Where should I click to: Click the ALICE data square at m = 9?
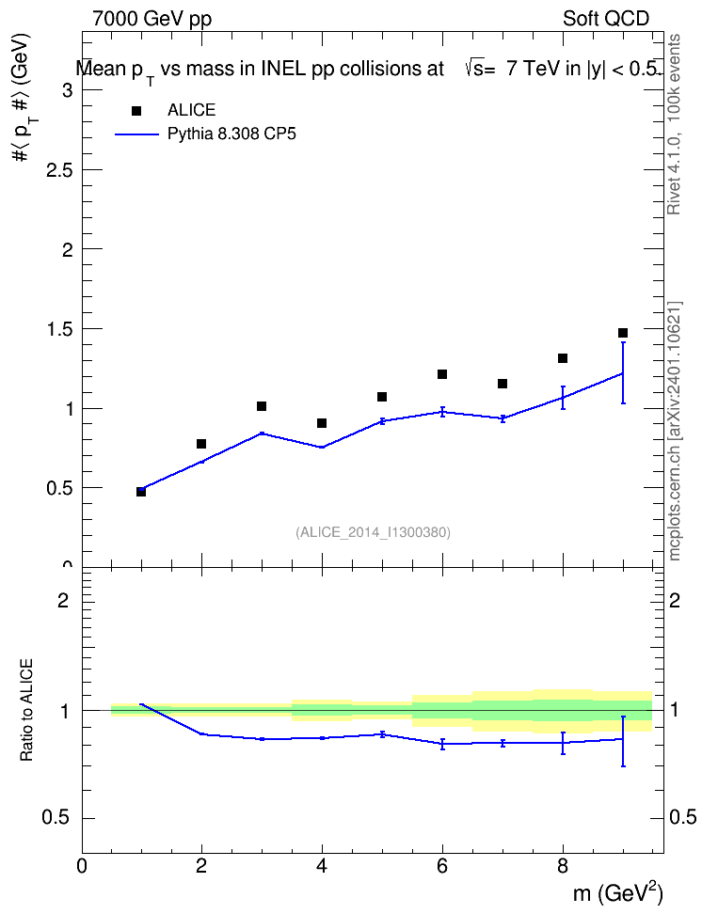click(623, 333)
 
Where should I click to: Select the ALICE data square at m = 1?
click(141, 492)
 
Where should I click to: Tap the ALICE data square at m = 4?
click(322, 422)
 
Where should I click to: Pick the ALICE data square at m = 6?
click(442, 373)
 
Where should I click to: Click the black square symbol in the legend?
click(136, 111)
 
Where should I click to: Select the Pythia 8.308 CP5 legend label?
click(231, 134)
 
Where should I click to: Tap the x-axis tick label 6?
click(442, 866)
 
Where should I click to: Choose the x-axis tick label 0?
click(82, 866)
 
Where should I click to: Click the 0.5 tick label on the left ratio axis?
click(56, 818)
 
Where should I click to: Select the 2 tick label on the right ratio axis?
click(675, 600)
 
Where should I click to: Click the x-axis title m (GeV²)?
click(617, 893)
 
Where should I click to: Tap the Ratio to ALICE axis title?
click(26, 710)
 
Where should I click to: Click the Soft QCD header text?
click(606, 19)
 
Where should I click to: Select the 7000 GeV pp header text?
click(152, 19)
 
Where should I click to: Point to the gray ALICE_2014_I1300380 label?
click(373, 532)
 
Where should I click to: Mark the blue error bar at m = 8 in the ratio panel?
click(563, 743)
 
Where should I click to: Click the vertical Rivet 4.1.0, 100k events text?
click(674, 124)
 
